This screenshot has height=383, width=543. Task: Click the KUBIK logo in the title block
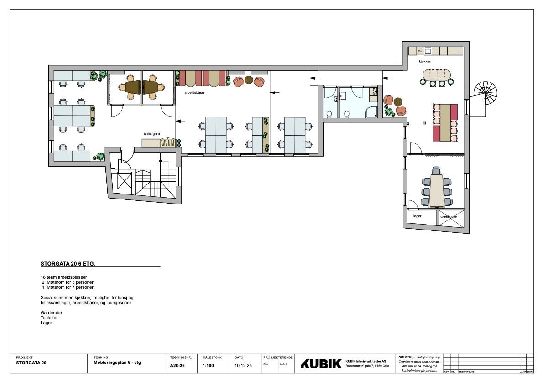[321, 364]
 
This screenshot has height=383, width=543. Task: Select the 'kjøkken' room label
[425, 61]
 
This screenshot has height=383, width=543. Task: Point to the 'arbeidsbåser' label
[194, 92]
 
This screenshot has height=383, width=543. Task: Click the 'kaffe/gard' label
[152, 134]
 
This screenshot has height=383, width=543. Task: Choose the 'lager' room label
[417, 216]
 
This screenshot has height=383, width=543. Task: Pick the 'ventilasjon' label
[449, 217]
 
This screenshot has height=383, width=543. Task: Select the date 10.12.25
[243, 365]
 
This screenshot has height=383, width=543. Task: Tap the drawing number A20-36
[177, 365]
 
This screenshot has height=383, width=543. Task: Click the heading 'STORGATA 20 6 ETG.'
[68, 263]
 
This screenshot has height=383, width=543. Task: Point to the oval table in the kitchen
[437, 74]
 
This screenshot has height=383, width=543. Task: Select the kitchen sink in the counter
[428, 51]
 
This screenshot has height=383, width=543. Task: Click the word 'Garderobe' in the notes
[51, 313]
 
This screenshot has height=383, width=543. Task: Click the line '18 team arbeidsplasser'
[64, 277]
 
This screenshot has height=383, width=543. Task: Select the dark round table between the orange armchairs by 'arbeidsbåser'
[249, 81]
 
